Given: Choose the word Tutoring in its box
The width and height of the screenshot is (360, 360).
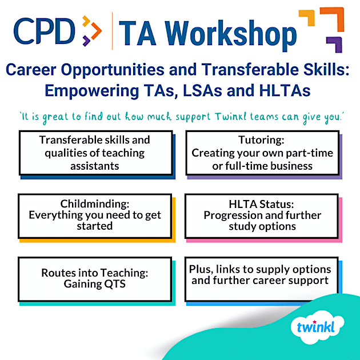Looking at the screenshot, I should pyautogui.click(x=262, y=141).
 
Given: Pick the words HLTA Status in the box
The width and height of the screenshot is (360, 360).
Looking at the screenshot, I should pyautogui.click(x=262, y=205).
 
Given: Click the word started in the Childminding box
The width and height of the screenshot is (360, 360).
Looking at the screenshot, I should pyautogui.click(x=95, y=226).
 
